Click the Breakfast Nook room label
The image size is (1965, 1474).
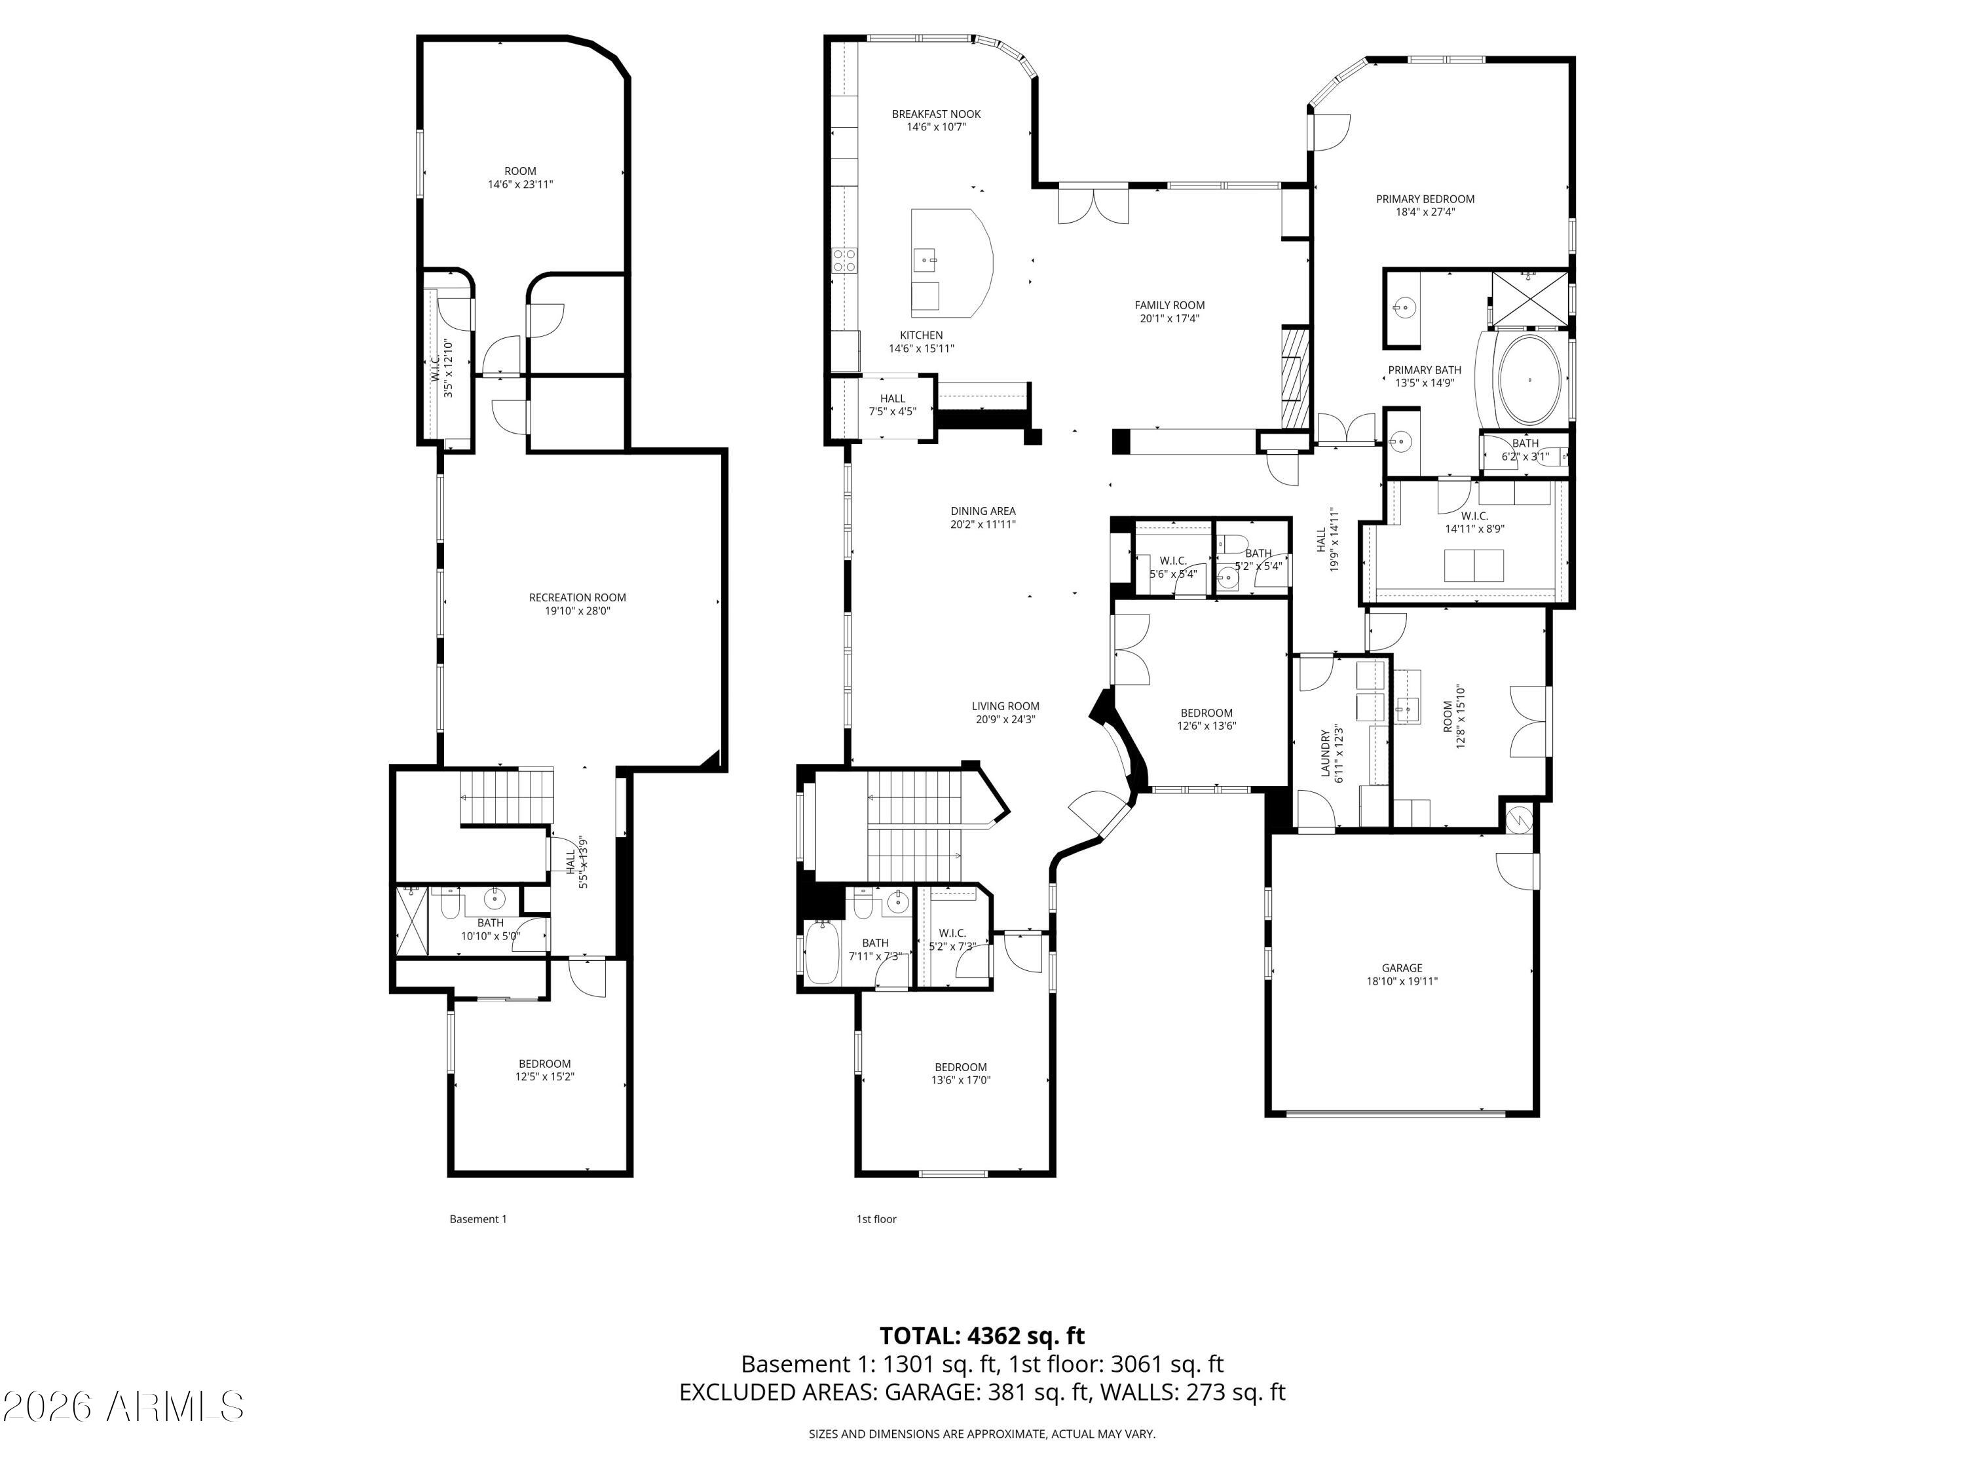936,114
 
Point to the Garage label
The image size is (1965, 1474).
1402,968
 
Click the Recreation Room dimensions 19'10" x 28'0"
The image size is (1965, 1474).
578,611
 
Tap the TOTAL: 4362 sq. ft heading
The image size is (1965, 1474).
982,1336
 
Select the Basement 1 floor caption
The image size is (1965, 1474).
478,1219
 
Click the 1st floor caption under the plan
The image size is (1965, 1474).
876,1219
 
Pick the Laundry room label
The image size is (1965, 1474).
1324,753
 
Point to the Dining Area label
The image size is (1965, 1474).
982,511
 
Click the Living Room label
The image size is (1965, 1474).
1005,706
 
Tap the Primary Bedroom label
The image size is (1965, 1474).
1425,199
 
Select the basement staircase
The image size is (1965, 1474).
506,797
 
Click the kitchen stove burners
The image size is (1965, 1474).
845,259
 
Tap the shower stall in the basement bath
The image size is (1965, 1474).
411,920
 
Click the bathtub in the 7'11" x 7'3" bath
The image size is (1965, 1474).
822,953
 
